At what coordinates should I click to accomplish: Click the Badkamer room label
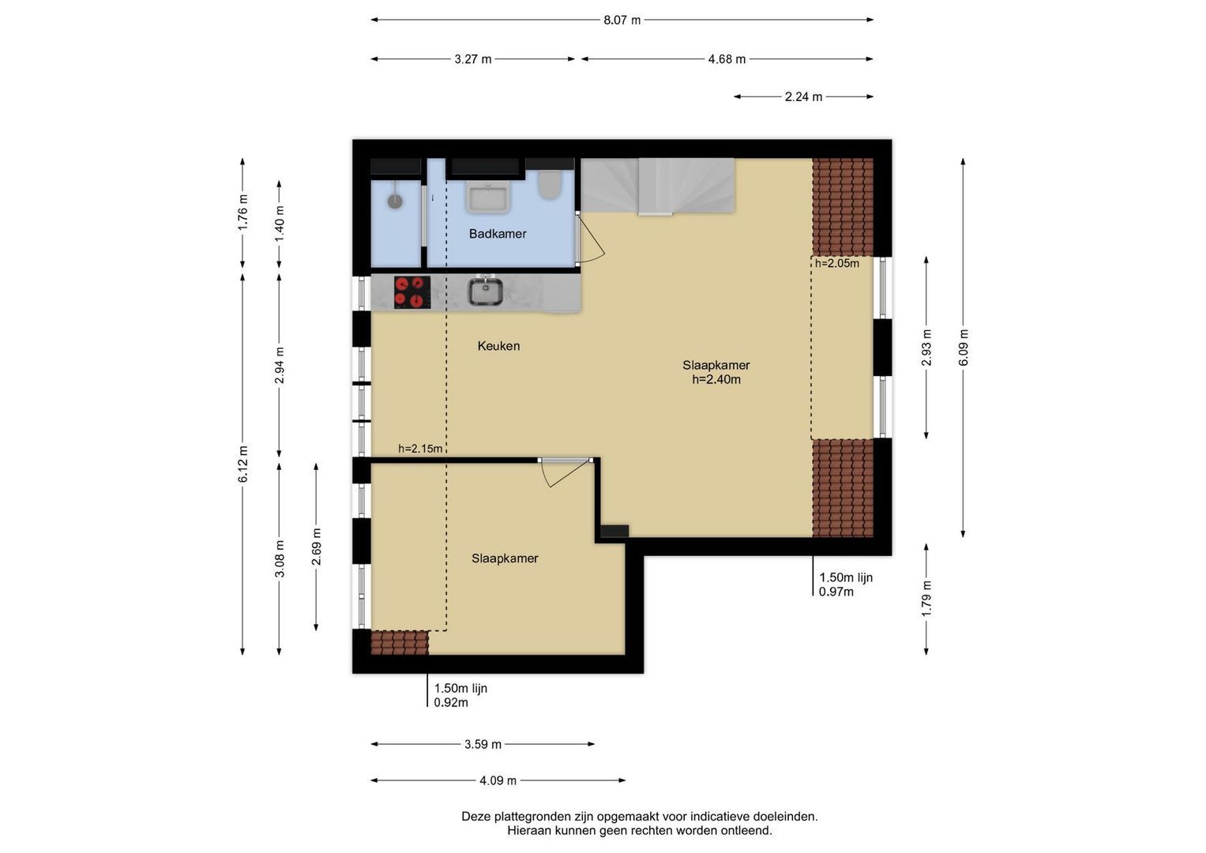tap(498, 234)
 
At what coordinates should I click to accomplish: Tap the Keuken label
tap(498, 346)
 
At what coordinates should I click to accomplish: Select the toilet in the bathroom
tap(550, 185)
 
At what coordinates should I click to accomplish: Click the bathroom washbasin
tap(488, 197)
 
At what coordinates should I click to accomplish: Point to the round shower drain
tap(396, 201)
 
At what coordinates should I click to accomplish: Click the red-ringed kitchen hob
tap(412, 292)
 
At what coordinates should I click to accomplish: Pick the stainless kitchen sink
tap(485, 291)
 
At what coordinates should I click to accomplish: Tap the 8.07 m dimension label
tap(622, 21)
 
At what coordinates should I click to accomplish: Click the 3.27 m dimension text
tap(473, 59)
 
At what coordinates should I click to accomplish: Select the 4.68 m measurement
tap(727, 59)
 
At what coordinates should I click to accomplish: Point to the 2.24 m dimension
tap(803, 97)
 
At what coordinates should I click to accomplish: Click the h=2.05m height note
tap(836, 263)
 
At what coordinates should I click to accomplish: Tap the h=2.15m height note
tap(420, 449)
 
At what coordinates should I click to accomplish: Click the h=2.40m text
tap(716, 379)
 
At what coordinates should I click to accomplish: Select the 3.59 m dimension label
tap(483, 744)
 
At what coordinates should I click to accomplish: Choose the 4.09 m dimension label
tap(498, 780)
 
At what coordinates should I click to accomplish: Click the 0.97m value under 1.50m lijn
tap(836, 592)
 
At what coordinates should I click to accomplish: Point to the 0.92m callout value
tap(451, 702)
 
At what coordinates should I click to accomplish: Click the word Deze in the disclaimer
tap(475, 817)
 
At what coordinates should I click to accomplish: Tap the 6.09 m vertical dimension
tap(964, 348)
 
